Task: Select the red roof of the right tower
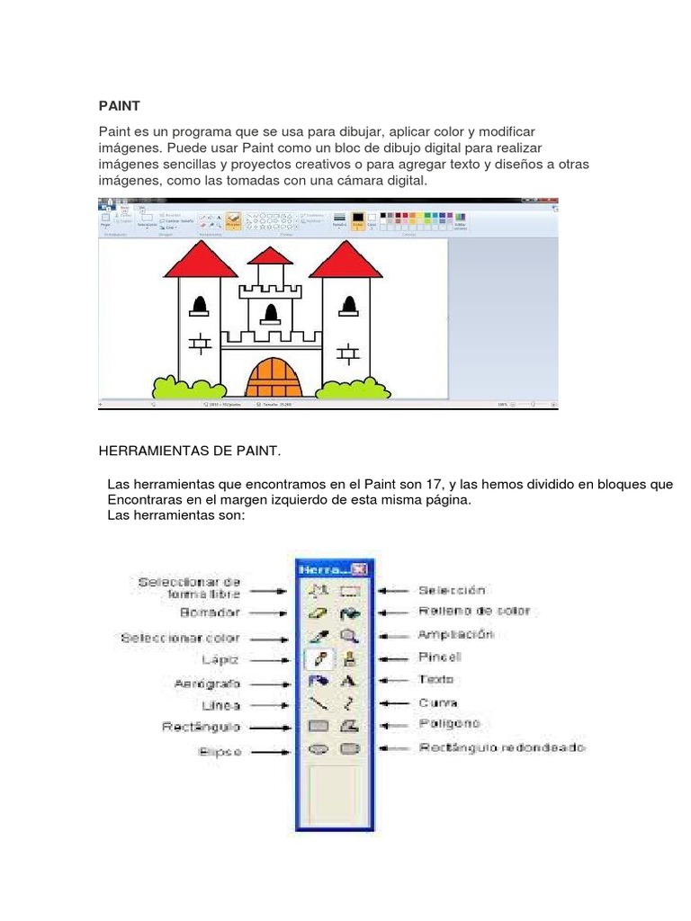click(346, 261)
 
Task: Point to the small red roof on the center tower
click(270, 256)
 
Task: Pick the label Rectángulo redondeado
click(500, 747)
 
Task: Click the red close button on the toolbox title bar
click(359, 568)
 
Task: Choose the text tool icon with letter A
click(349, 681)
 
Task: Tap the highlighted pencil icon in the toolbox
click(319, 658)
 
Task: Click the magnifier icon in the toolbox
click(349, 635)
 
